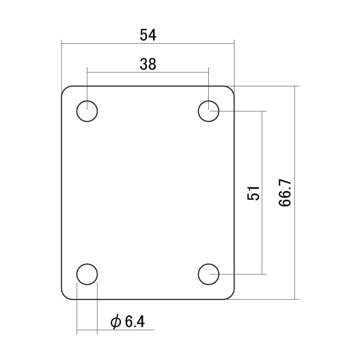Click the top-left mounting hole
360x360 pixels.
[x=87, y=111]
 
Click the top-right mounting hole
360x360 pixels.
[x=209, y=111]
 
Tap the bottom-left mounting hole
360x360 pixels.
[x=87, y=274]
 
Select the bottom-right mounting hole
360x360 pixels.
[x=209, y=274]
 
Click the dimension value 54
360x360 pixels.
[x=148, y=35]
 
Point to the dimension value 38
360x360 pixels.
[x=148, y=64]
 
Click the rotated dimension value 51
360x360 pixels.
[x=253, y=193]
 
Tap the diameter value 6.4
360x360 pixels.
[x=134, y=322]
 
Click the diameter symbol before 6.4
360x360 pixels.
[x=116, y=322]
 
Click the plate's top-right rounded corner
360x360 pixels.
[x=231, y=89]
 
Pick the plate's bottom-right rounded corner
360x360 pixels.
[x=231, y=296]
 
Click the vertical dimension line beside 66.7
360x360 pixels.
[x=295, y=135]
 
